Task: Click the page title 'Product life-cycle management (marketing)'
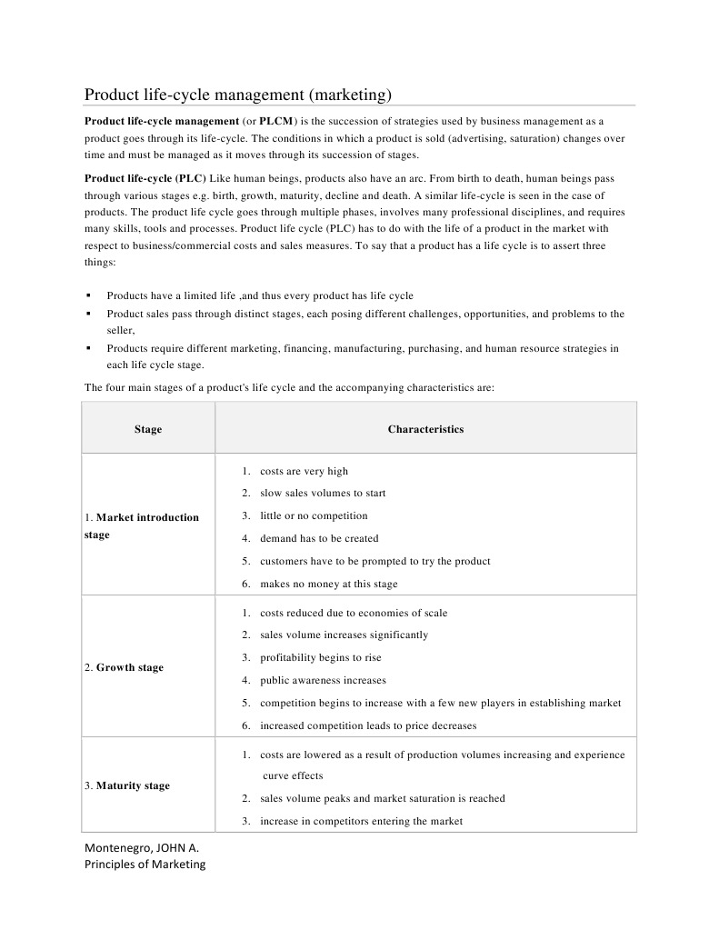[238, 95]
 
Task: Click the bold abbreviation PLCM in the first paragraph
[276, 121]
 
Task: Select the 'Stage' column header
[148, 429]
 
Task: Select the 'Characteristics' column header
[425, 429]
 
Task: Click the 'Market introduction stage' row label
[142, 526]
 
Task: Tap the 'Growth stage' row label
[125, 667]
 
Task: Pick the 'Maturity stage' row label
[127, 785]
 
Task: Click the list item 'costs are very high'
[304, 471]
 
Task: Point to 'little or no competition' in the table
[314, 515]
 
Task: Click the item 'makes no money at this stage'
[328, 584]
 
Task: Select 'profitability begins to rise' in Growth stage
[320, 657]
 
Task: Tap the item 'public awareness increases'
[323, 680]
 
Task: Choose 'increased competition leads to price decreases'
[368, 725]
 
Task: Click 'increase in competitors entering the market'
[361, 821]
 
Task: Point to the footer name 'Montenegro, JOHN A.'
[142, 847]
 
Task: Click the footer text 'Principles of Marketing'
[145, 865]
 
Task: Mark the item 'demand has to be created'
[319, 538]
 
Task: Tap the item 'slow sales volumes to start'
[323, 493]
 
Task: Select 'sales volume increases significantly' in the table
[344, 635]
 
